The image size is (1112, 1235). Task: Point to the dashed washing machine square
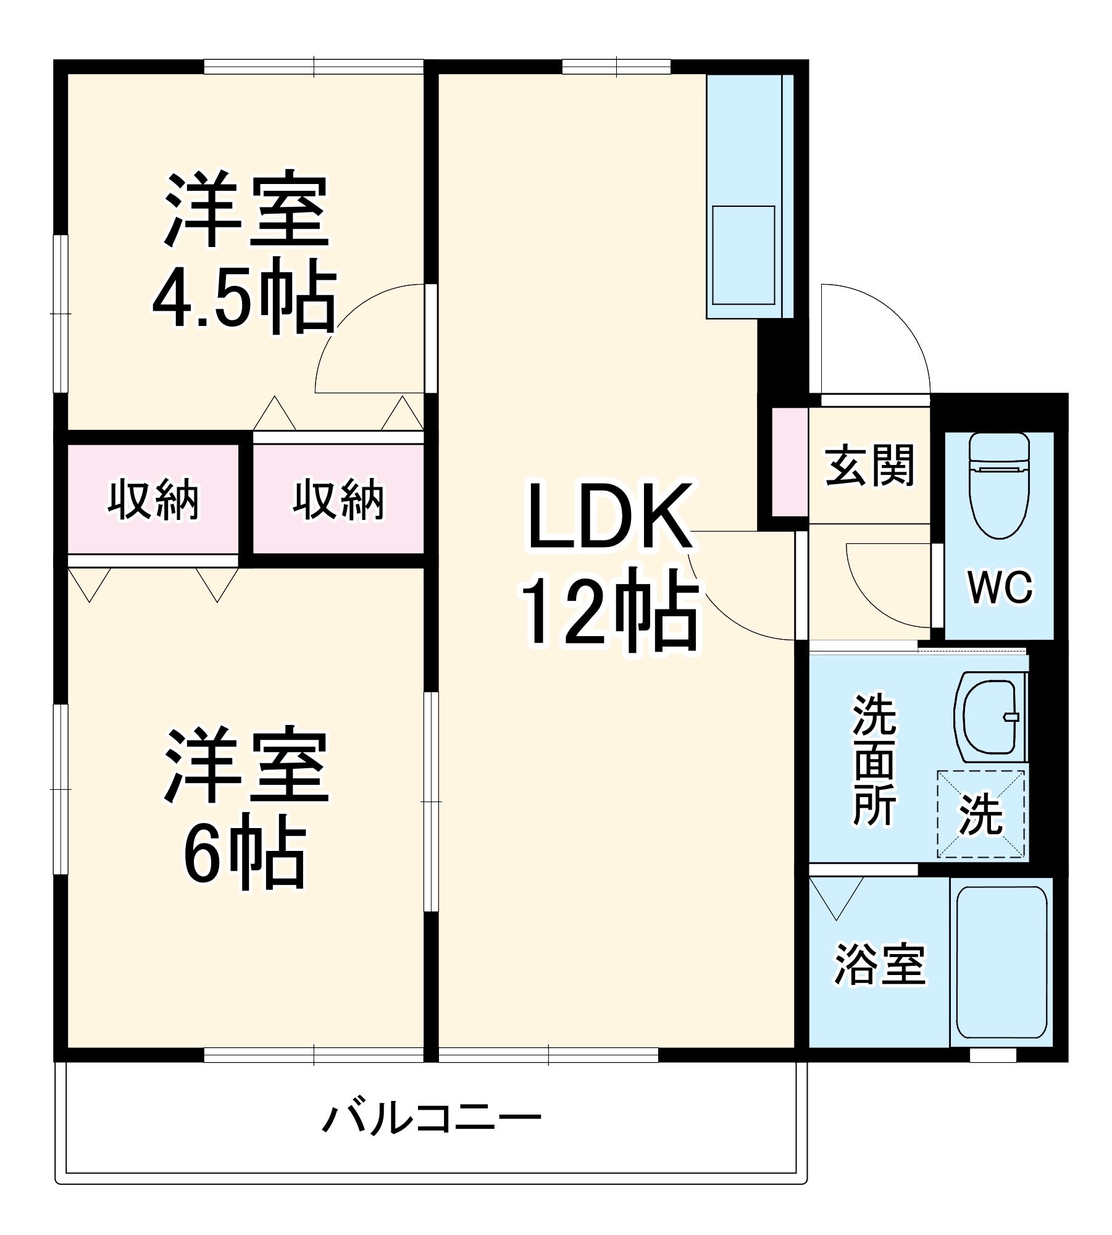point(980,814)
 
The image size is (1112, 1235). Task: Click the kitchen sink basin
point(743,254)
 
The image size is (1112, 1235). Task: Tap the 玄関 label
point(869,466)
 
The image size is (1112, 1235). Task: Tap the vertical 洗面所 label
point(874,760)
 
